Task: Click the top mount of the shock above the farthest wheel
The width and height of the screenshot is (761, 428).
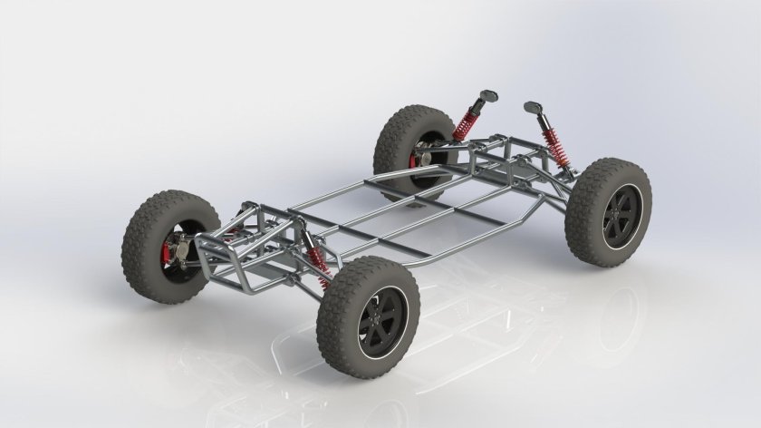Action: click(488, 93)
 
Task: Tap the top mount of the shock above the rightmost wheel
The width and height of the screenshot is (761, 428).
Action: click(533, 108)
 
